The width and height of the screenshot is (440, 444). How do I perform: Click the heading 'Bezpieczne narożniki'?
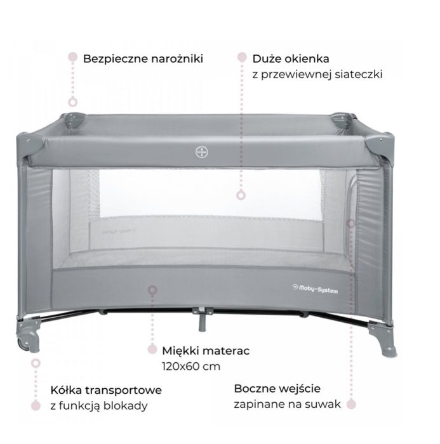pyautogui.click(x=143, y=59)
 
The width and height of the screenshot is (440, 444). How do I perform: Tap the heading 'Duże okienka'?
pyautogui.click(x=291, y=59)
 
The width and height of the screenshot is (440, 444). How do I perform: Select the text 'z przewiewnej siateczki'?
pyautogui.click(x=317, y=74)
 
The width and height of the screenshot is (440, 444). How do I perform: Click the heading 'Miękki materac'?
pyautogui.click(x=206, y=351)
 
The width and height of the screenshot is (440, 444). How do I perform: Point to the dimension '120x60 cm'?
pyautogui.click(x=191, y=367)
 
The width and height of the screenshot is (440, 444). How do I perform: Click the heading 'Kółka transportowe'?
pyautogui.click(x=106, y=390)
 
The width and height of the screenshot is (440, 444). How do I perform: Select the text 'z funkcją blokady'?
pyautogui.click(x=99, y=406)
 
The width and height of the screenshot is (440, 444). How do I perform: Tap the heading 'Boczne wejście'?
pyautogui.click(x=277, y=389)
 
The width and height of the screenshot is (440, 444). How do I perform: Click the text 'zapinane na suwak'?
pyautogui.click(x=287, y=404)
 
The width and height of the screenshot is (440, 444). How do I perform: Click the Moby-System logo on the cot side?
pyautogui.click(x=315, y=289)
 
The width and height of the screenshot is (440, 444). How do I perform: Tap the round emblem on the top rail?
pyautogui.click(x=202, y=152)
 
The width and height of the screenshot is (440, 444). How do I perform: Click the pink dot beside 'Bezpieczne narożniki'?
pyautogui.click(x=72, y=56)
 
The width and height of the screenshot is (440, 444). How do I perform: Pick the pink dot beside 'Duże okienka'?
pyautogui.click(x=242, y=57)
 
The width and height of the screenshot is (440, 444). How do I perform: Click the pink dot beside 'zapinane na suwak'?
pyautogui.click(x=351, y=404)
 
